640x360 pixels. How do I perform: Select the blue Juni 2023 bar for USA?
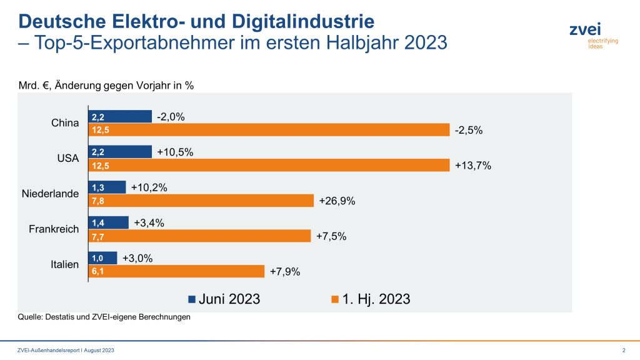tap(121, 152)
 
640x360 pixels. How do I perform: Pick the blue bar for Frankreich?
tap(109, 222)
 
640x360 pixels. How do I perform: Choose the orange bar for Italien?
tap(177, 271)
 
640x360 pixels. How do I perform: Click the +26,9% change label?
tap(337, 201)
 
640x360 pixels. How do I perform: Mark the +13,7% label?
tap(473, 166)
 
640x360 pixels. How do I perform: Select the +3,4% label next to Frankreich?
tap(149, 222)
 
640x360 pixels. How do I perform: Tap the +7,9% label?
tap(285, 271)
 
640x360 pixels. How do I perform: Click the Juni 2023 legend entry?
tap(224, 299)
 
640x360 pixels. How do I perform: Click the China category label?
tap(65, 123)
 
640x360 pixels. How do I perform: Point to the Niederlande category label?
tap(51, 194)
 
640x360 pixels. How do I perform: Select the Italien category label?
tap(64, 264)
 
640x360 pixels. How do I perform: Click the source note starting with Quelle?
tap(104, 317)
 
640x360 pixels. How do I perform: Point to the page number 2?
tap(624, 349)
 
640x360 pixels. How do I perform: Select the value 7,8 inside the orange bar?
tap(97, 201)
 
